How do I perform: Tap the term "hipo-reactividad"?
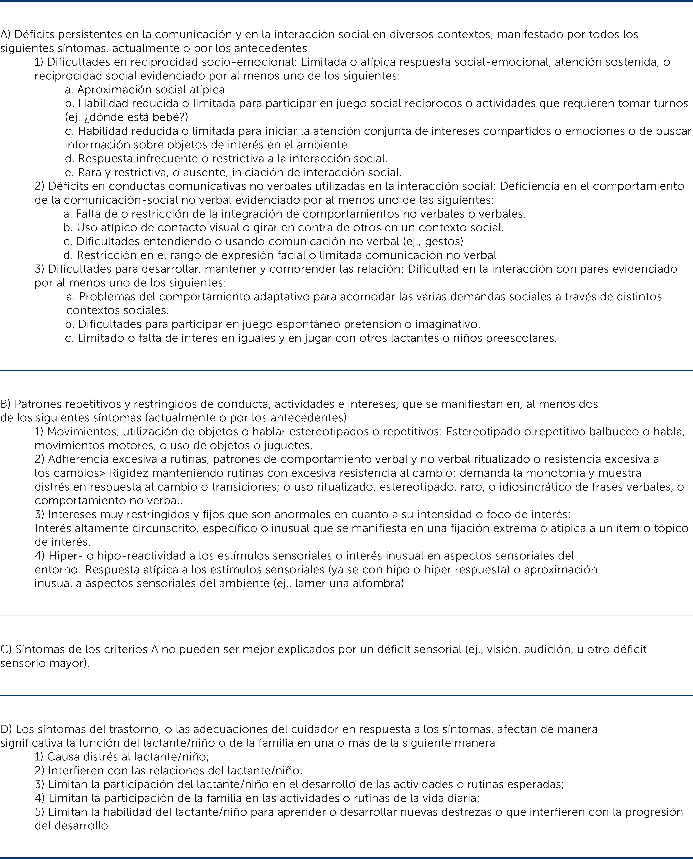tap(126, 556)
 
